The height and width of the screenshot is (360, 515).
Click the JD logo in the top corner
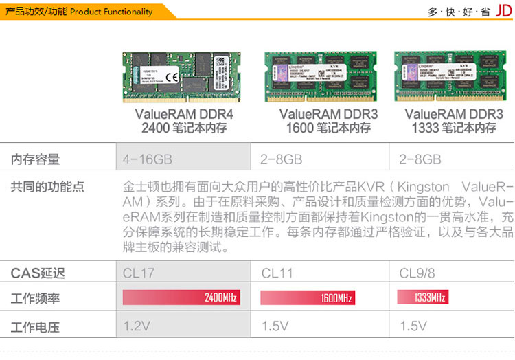pyautogui.click(x=504, y=12)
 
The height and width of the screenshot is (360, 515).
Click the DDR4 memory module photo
pyautogui.click(x=184, y=76)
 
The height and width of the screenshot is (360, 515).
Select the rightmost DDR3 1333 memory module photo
pyautogui.click(x=450, y=76)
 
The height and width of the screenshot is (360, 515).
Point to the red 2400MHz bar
pyautogui.click(x=181, y=297)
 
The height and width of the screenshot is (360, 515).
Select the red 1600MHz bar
pyautogui.click(x=307, y=297)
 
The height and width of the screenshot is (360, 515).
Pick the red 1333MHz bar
pyautogui.click(x=422, y=297)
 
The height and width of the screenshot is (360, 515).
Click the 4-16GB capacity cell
pyautogui.click(x=147, y=159)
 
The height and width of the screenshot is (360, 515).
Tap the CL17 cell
pyautogui.click(x=139, y=273)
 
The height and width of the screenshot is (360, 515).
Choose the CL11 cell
pyautogui.click(x=277, y=273)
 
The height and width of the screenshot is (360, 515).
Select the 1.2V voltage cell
pyautogui.click(x=137, y=325)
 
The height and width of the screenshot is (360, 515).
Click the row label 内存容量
pyautogui.click(x=36, y=159)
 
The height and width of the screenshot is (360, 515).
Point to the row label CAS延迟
pyautogui.click(x=38, y=273)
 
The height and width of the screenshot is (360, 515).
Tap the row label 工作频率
pyautogui.click(x=36, y=299)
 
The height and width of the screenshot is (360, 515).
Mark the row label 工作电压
pyautogui.click(x=36, y=325)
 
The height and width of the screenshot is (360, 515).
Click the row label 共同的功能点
pyautogui.click(x=47, y=187)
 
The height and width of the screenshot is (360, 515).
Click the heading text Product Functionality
pyautogui.click(x=111, y=12)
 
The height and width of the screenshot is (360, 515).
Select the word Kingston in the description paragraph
pyautogui.click(x=424, y=187)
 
